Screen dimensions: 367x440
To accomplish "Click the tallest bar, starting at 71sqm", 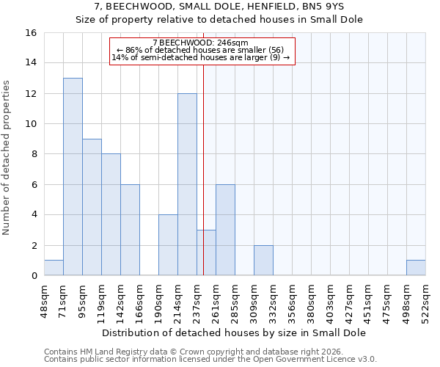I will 73,177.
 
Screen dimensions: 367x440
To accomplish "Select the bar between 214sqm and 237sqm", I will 187,184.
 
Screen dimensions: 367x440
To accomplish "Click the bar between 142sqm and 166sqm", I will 130,230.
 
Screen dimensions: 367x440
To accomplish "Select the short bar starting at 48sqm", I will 54,268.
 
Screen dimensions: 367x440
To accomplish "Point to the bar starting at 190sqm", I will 168,245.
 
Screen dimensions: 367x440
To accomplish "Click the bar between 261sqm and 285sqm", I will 225,230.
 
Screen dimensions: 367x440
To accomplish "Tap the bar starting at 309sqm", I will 263,261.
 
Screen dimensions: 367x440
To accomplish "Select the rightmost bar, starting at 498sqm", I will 416,268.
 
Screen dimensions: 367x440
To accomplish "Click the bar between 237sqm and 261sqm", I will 206,252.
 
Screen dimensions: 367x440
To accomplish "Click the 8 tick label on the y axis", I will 34,154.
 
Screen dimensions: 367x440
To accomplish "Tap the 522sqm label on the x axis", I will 425,299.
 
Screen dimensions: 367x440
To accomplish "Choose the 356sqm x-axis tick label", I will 292,299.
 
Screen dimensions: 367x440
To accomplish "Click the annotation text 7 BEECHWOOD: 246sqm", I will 202,43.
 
